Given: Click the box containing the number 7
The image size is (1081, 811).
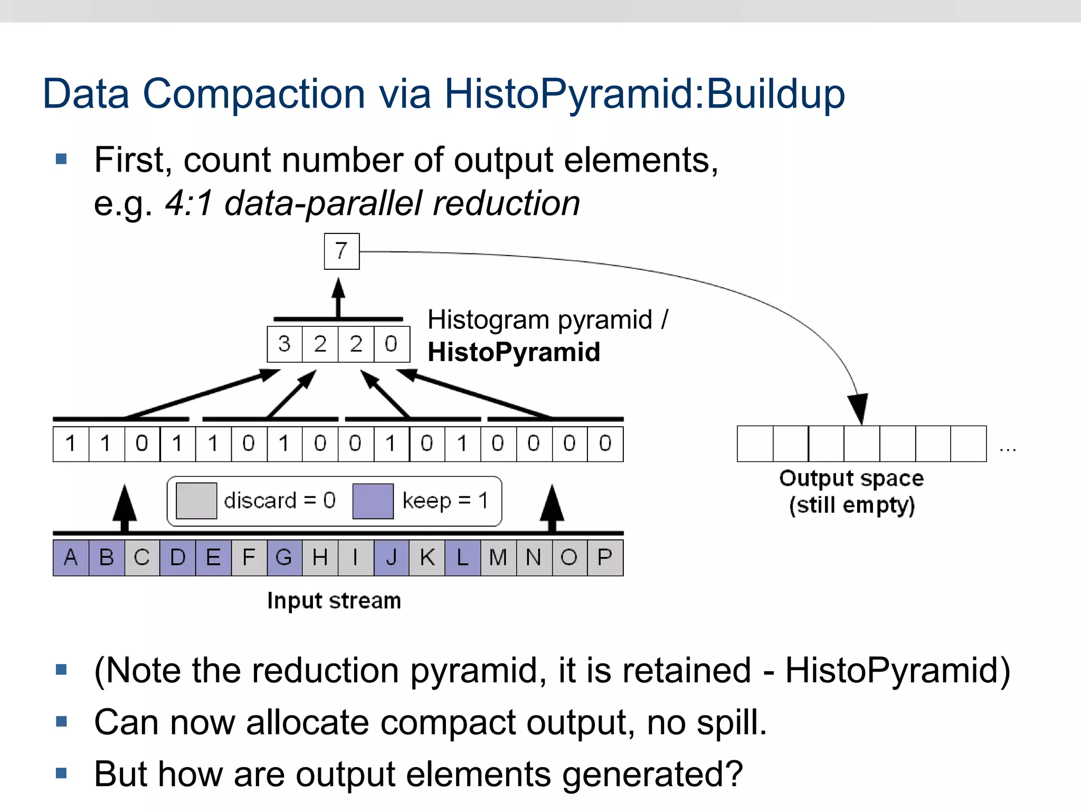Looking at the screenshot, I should [342, 251].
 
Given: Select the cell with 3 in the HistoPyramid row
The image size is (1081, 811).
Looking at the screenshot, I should [285, 344].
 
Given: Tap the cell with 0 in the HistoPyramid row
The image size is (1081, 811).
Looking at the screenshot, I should [392, 344].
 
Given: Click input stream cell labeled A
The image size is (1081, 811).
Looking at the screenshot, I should [71, 558].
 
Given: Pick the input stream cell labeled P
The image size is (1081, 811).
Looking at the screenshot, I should [605, 558].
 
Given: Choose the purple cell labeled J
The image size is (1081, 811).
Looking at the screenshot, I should [391, 558].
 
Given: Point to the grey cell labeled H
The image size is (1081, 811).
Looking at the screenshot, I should [320, 558].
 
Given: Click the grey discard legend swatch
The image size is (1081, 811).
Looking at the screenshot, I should [196, 501].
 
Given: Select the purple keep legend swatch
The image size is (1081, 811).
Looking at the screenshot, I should [373, 501].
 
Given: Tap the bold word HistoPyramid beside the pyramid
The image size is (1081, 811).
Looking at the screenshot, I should [514, 352].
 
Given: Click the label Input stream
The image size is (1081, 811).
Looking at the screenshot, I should [334, 601].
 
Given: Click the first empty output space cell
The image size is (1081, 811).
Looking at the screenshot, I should [755, 444].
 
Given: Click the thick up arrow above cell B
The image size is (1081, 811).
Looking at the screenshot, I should [125, 507].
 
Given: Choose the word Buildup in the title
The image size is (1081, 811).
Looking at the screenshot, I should [775, 94].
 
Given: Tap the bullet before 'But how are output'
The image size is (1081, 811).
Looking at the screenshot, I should [61, 774].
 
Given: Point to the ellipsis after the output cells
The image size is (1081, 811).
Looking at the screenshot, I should [1008, 449].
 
